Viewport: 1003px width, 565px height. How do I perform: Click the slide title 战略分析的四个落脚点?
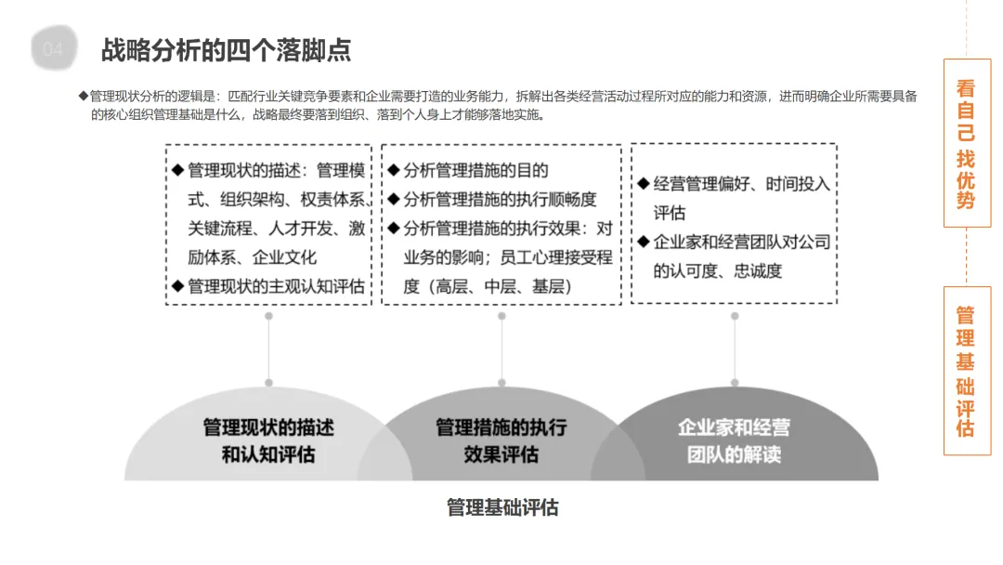tap(226, 49)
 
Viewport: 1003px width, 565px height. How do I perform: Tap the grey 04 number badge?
tap(54, 49)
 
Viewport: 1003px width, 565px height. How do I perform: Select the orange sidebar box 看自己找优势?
tap(966, 143)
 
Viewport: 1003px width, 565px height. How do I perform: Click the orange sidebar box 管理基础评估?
tap(966, 370)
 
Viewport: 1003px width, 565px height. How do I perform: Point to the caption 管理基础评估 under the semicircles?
tap(502, 507)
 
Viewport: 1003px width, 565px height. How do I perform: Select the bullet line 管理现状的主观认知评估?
tap(276, 286)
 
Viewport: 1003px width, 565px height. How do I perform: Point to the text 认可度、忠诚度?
tap(718, 271)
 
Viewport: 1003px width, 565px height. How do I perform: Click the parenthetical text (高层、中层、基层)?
tap(488, 286)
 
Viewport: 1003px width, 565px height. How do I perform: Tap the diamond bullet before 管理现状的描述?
tap(177, 171)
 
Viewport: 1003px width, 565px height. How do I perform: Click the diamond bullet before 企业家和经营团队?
tap(643, 243)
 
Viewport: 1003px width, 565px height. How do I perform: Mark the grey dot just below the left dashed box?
tap(268, 316)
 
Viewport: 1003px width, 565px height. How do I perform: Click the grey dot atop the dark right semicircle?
tap(735, 382)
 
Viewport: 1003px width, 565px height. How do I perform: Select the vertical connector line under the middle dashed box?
tap(501, 348)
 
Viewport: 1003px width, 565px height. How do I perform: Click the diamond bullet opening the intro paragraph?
tap(83, 96)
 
